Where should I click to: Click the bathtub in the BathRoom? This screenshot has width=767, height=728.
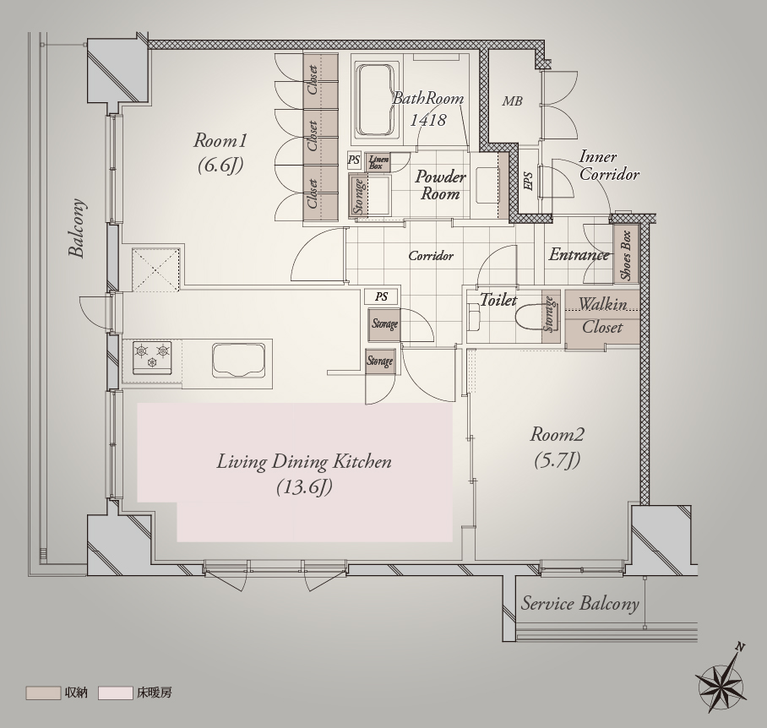(x=376, y=101)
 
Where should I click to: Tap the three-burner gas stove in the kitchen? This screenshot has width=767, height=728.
(x=153, y=357)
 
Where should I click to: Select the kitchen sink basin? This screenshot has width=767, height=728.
(x=240, y=360)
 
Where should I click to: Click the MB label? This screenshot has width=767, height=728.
(x=512, y=101)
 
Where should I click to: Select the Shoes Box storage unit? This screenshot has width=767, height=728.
(x=626, y=254)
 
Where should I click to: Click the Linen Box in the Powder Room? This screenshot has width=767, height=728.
(x=377, y=162)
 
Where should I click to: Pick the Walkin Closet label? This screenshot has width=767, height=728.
(x=602, y=315)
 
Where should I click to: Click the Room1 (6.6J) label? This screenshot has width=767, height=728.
(x=220, y=154)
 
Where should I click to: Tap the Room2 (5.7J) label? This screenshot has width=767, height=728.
(x=558, y=448)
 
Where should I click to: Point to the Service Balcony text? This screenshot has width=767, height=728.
(x=580, y=604)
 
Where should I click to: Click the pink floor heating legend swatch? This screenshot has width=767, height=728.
(x=116, y=693)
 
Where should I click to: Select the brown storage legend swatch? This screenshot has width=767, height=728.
(x=43, y=693)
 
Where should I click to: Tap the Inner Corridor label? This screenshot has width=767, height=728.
(x=609, y=166)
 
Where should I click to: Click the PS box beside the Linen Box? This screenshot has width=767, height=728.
(x=354, y=160)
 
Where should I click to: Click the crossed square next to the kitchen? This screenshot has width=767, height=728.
(x=155, y=269)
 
